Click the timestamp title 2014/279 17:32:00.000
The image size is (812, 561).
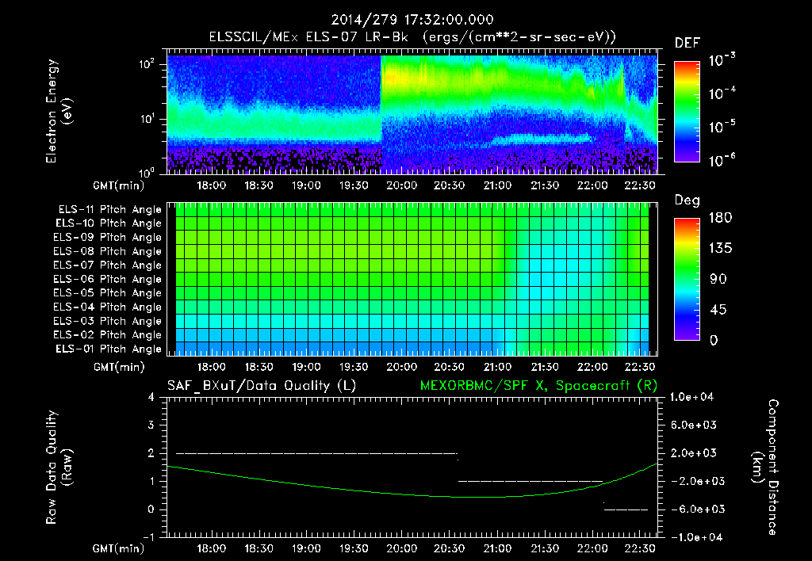point(405,20)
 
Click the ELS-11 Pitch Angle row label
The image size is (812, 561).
point(109,210)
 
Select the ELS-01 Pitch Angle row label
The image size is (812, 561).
point(109,349)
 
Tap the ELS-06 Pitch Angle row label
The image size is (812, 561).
point(109,279)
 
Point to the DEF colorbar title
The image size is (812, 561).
point(687,43)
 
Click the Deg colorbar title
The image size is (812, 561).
point(687,200)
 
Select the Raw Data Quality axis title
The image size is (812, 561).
point(59,467)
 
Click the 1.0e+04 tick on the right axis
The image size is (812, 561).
point(694,397)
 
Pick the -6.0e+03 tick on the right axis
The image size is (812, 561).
point(694,509)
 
